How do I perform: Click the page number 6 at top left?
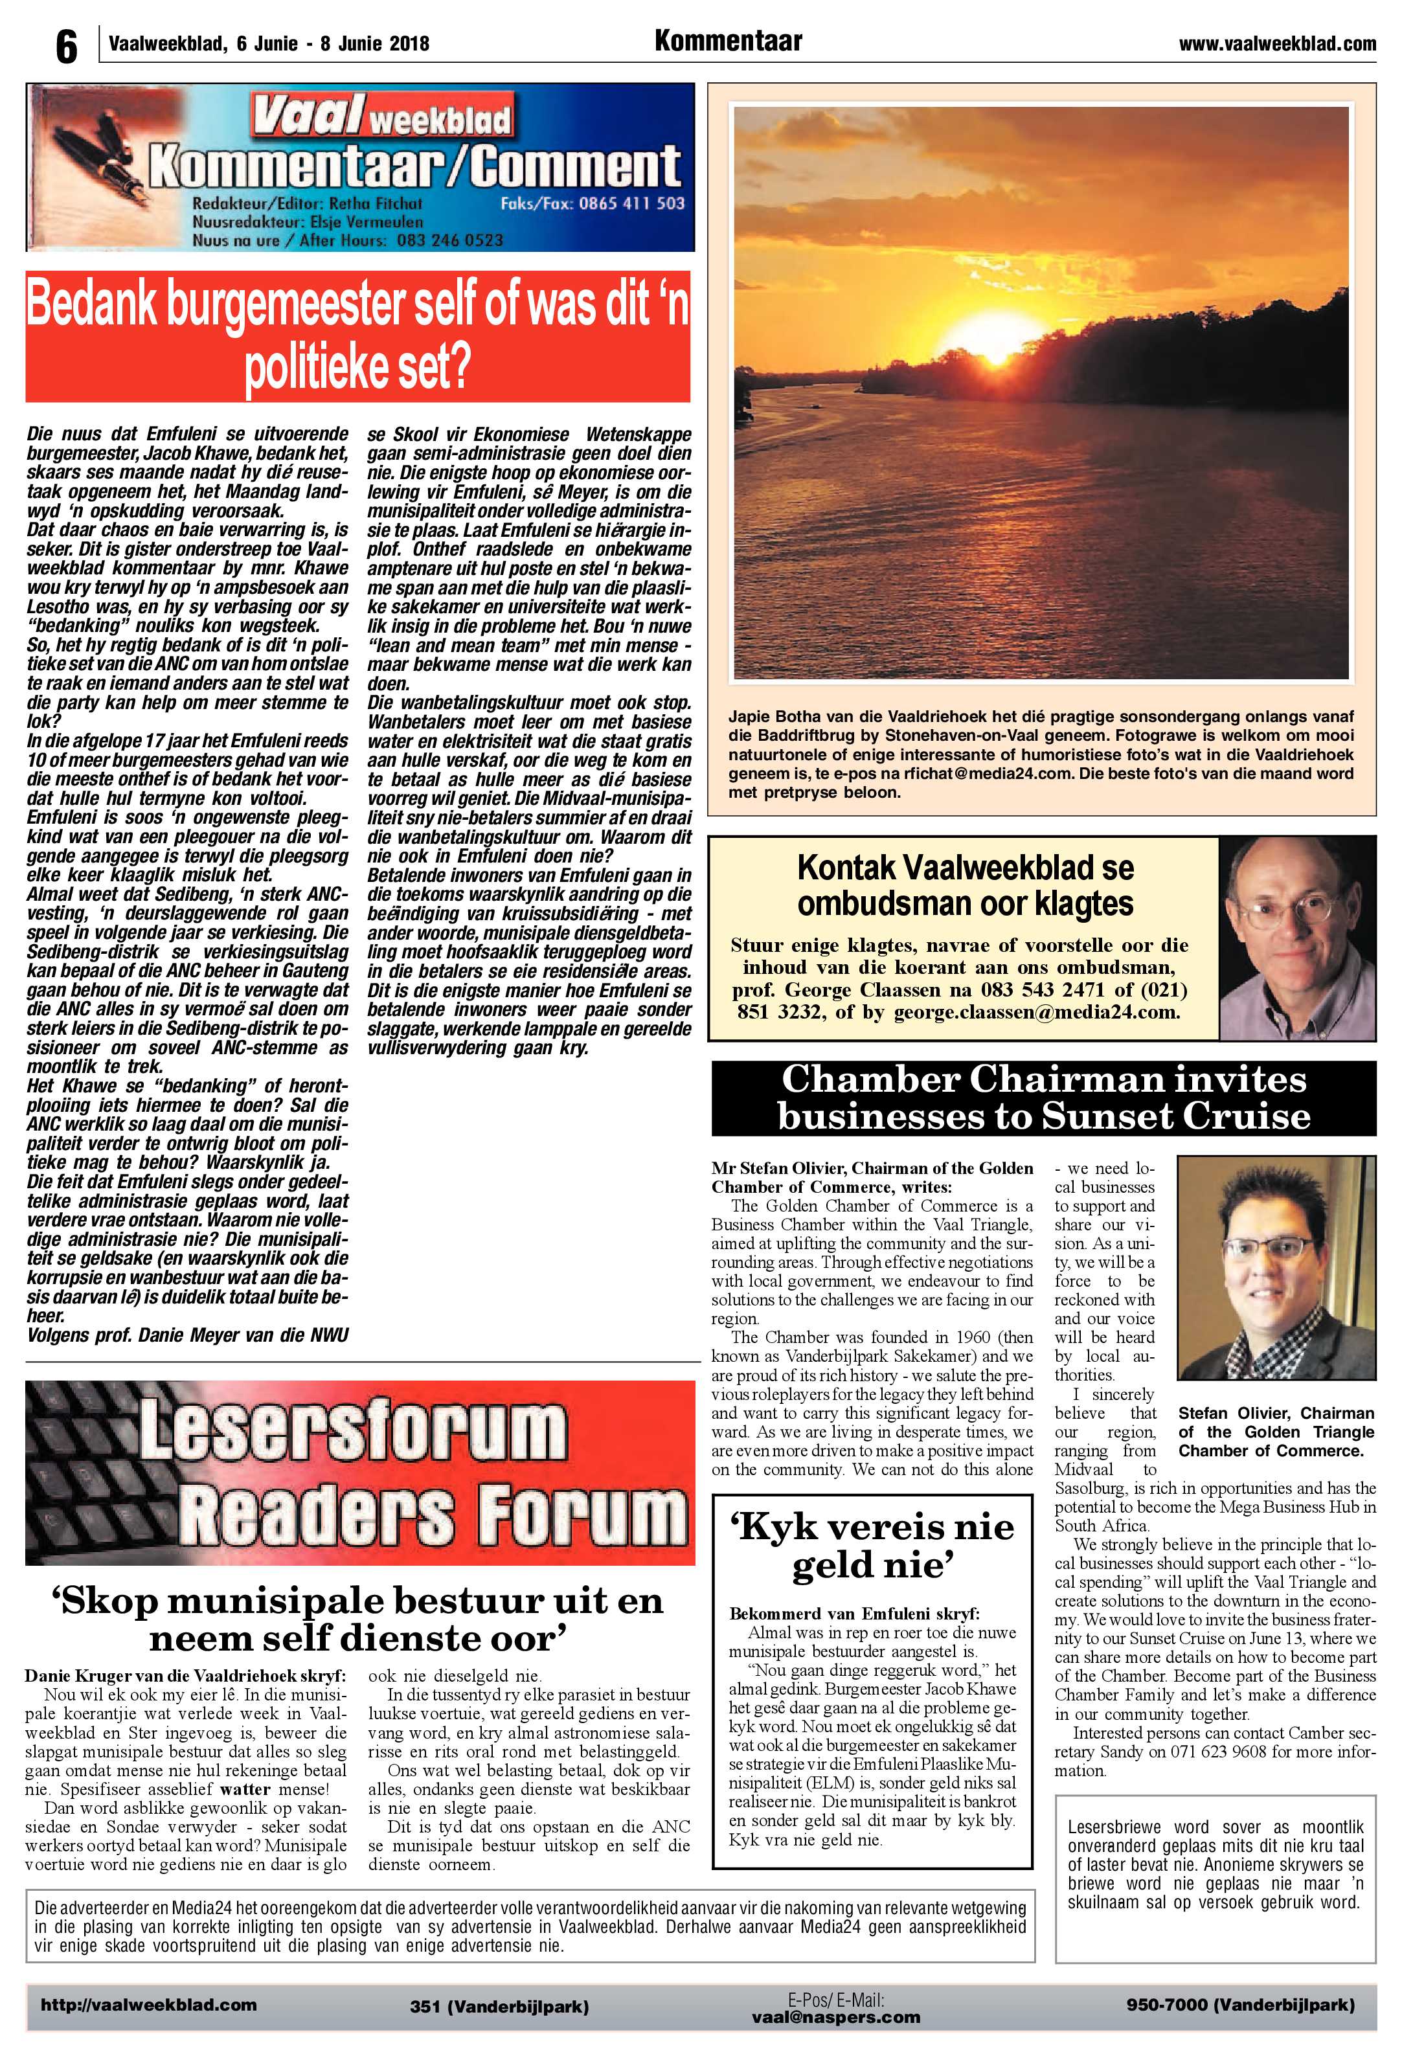click(x=66, y=46)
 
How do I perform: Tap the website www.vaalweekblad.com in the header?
click(x=1277, y=43)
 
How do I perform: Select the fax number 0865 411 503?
click(x=631, y=203)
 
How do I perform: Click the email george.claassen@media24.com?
click(x=1036, y=1012)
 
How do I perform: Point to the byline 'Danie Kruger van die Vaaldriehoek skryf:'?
click(x=185, y=1676)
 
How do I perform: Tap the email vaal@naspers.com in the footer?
click(x=835, y=2017)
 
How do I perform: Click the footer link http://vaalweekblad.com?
click(x=148, y=2005)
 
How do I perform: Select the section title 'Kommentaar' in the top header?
click(x=728, y=41)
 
